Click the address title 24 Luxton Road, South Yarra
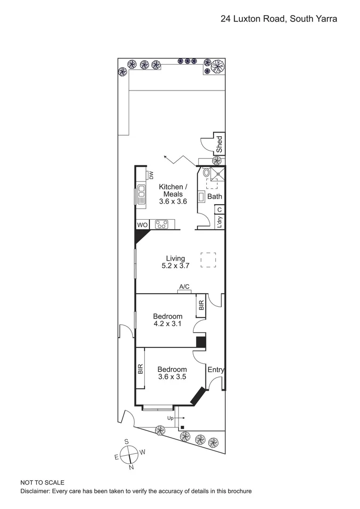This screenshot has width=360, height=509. click(279, 19)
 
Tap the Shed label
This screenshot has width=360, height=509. click(219, 144)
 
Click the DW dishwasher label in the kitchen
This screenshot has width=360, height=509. click(151, 175)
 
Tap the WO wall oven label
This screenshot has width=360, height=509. click(142, 225)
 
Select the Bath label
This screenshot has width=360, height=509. click(214, 197)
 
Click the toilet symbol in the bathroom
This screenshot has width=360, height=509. click(206, 173)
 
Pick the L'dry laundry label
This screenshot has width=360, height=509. click(219, 222)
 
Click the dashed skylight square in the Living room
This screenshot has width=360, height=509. click(208, 260)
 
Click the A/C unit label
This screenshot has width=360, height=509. click(184, 286)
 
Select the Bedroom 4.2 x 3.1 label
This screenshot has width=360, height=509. click(168, 320)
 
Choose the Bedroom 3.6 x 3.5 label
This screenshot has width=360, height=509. click(172, 373)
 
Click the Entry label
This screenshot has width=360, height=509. click(216, 370)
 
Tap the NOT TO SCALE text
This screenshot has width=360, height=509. click(42, 483)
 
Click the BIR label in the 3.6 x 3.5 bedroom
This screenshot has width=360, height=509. click(140, 369)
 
